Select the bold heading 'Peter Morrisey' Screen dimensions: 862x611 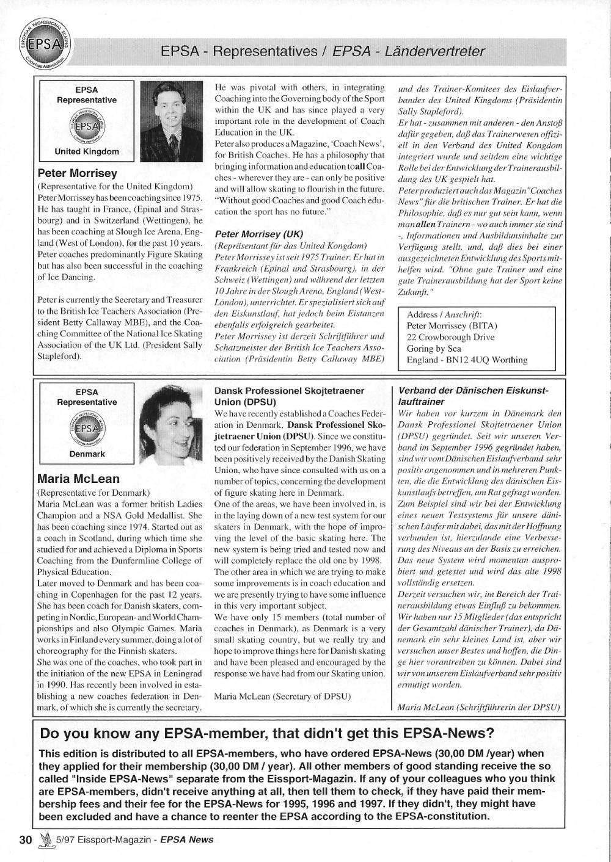[x=78, y=173]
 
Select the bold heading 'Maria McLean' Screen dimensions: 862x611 [x=78, y=479]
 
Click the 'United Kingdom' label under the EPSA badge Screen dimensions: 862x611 [x=87, y=151]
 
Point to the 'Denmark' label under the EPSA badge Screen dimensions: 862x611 [x=87, y=454]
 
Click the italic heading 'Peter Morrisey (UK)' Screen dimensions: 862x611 [x=259, y=234]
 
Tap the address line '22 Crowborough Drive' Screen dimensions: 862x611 [x=450, y=337]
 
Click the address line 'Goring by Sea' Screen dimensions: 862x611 [x=434, y=349]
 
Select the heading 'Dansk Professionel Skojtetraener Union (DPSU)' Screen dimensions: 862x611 [x=290, y=396]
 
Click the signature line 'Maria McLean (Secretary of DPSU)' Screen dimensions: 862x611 [x=283, y=695]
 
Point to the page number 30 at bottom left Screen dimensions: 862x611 [x=24, y=839]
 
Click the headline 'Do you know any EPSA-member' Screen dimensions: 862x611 [x=266, y=733]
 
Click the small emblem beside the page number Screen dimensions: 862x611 [x=43, y=839]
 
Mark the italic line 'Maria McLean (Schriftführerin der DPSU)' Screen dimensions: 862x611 [x=478, y=708]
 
